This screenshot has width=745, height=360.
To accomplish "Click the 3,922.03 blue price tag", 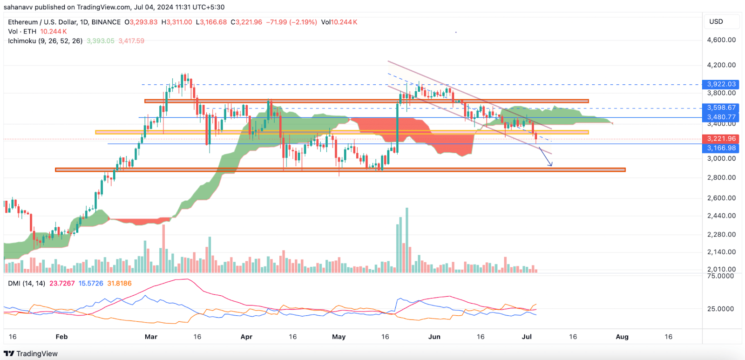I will (x=721, y=84).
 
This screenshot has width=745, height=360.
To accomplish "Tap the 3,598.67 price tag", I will (x=721, y=108).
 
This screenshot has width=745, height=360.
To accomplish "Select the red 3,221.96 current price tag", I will (x=721, y=139).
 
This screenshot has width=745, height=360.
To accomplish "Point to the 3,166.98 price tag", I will (x=721, y=148).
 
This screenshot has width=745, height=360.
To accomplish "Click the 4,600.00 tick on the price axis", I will (x=721, y=40).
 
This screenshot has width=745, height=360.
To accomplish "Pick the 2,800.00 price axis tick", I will (x=721, y=177).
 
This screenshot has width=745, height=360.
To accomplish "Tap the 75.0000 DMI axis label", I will (x=720, y=276).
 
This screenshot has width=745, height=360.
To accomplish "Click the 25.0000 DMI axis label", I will (x=720, y=309).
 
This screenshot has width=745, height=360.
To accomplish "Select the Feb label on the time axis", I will (x=61, y=337).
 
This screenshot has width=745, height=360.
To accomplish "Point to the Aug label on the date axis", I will (x=622, y=337).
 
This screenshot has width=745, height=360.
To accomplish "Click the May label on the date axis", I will (x=339, y=337).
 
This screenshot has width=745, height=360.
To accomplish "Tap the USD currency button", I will (x=716, y=21).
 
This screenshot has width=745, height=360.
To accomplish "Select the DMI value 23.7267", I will (x=62, y=283).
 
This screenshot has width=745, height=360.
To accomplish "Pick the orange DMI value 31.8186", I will (x=119, y=283).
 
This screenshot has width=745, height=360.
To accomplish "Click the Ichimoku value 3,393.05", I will (x=101, y=41).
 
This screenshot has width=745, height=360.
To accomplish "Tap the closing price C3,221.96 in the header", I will (x=246, y=22).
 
